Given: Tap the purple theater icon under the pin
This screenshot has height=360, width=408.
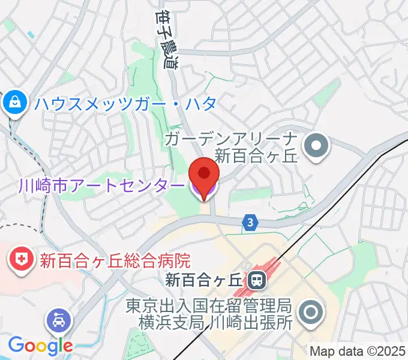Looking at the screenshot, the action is click(x=204, y=190).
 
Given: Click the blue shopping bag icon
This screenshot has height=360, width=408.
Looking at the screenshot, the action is click(x=13, y=103).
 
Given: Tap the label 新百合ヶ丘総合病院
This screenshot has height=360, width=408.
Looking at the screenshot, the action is click(x=115, y=260).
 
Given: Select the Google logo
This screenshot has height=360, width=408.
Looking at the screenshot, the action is click(x=40, y=345).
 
